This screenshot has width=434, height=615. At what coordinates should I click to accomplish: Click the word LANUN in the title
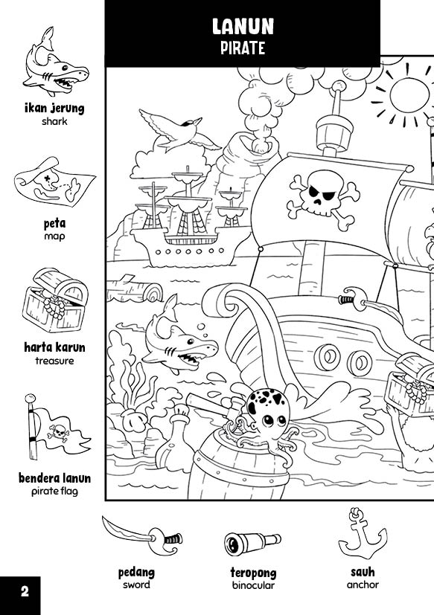point(243,28)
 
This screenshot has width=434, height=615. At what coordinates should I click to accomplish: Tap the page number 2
point(25,592)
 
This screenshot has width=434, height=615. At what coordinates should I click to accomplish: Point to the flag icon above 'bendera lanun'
point(54,431)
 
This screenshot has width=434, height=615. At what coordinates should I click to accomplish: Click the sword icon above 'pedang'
point(142,535)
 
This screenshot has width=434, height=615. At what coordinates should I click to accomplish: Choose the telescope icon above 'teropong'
point(252,542)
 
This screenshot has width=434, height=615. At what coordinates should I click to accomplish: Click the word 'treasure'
point(54,361)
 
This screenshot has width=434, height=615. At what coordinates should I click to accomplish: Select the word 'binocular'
point(253,585)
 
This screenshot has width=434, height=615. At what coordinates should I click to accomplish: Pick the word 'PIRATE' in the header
point(243,49)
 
